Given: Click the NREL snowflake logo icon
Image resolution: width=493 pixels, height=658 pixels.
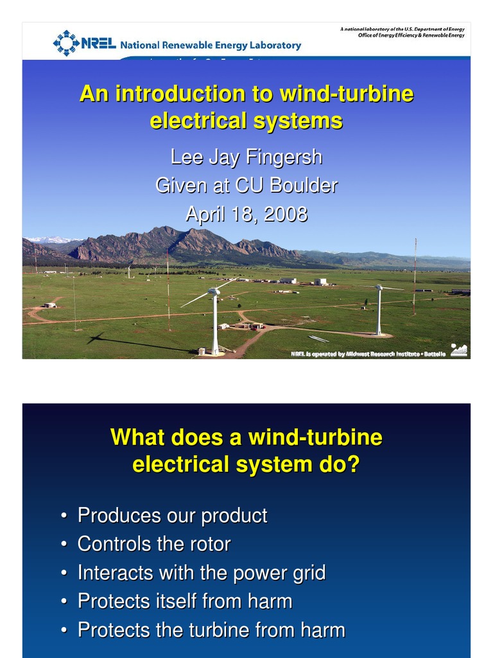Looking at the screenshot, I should [x=66, y=43].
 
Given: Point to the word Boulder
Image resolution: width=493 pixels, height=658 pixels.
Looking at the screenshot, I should [x=303, y=186].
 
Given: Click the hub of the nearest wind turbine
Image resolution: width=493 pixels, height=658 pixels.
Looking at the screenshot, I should [x=215, y=291].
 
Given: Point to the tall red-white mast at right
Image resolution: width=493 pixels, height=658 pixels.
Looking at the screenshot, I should [x=415, y=276].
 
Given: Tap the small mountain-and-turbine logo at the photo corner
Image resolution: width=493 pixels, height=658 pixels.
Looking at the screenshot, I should [x=459, y=350].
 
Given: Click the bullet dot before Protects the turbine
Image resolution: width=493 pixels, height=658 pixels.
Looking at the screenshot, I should [x=64, y=630].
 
